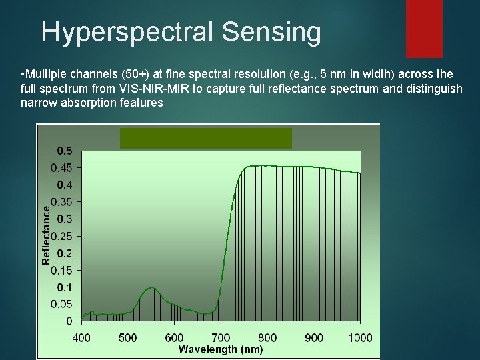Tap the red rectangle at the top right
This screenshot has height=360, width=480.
pyautogui.click(x=424, y=28)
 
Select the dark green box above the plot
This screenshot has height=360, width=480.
pyautogui.click(x=205, y=138)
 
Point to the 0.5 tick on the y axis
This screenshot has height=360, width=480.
pyautogui.click(x=65, y=149)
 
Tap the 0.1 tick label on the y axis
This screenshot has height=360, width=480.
pyautogui.click(x=65, y=287)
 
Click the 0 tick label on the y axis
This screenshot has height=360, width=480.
pyautogui.click(x=69, y=321)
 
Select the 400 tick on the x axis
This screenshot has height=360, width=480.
pyautogui.click(x=81, y=337)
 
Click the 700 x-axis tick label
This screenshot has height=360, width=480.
pyautogui.click(x=221, y=337)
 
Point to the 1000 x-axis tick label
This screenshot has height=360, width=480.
pyautogui.click(x=360, y=337)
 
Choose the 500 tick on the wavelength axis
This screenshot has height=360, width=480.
pyautogui.click(x=127, y=337)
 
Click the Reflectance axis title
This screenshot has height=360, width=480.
pyautogui.click(x=46, y=235)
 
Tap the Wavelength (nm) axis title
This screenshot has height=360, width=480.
pyautogui.click(x=221, y=349)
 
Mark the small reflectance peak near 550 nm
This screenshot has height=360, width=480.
pyautogui.click(x=152, y=289)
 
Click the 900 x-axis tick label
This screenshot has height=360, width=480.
pyautogui.click(x=313, y=337)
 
